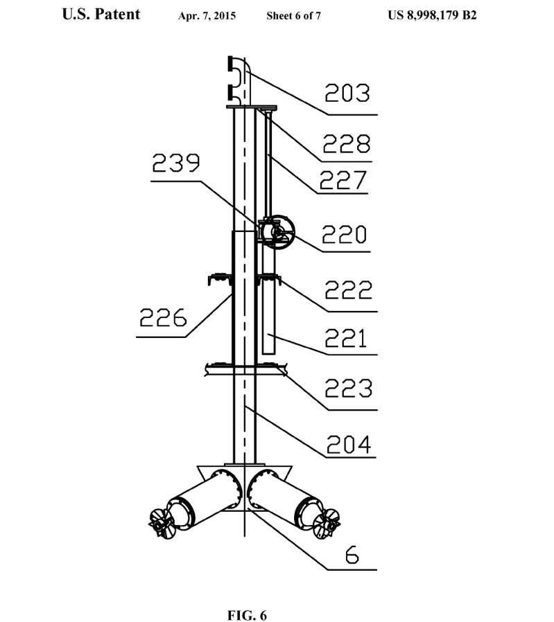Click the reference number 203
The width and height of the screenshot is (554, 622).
click(x=347, y=94)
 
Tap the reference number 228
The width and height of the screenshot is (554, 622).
click(x=346, y=143)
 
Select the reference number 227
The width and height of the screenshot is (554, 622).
click(x=343, y=180)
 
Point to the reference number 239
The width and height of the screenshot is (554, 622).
click(x=176, y=163)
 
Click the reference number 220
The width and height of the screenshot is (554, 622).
click(x=344, y=234)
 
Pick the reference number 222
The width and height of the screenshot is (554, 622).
click(x=348, y=290)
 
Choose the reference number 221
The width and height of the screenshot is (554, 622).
click(x=345, y=339)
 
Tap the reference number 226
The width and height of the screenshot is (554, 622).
click(x=163, y=317)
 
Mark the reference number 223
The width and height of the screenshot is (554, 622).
click(x=348, y=388)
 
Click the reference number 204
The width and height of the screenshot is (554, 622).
click(x=349, y=444)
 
